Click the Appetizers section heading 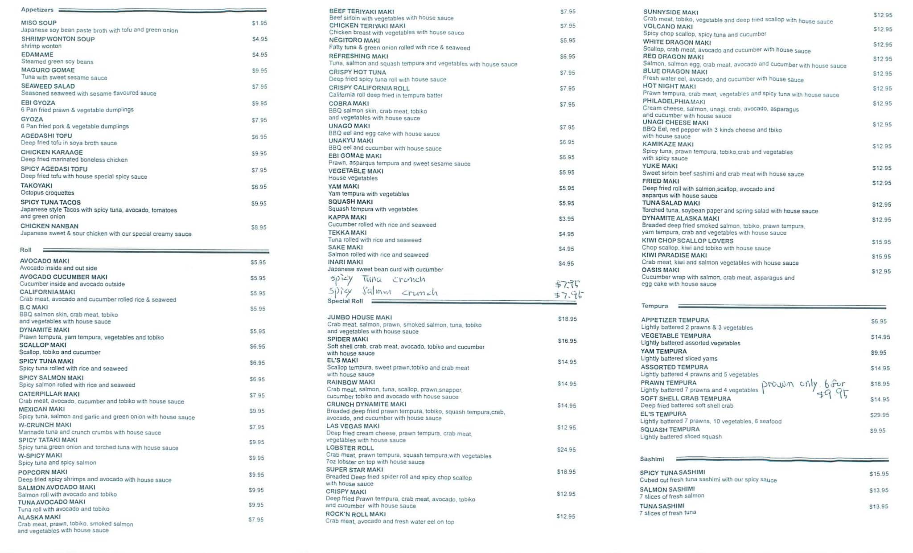pyautogui.click(x=37, y=10)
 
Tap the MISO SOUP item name pyautogui.click(x=39, y=23)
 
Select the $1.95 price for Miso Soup pyautogui.click(x=259, y=23)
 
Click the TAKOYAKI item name pyautogui.click(x=37, y=185)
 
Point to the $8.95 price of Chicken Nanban pyautogui.click(x=259, y=227)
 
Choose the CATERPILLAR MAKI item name pyautogui.click(x=49, y=394)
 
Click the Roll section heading pyautogui.click(x=26, y=250)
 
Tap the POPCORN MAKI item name pyautogui.click(x=43, y=472)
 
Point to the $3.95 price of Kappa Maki pyautogui.click(x=566, y=219)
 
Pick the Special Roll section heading pyautogui.click(x=345, y=301)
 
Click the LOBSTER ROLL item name pyautogui.click(x=350, y=448)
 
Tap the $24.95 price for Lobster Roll pyautogui.click(x=566, y=450)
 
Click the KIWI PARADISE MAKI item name pyautogui.click(x=674, y=255)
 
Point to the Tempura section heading pyautogui.click(x=654, y=306)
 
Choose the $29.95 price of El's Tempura pyautogui.click(x=879, y=415)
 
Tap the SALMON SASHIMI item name pyautogui.click(x=667, y=489)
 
